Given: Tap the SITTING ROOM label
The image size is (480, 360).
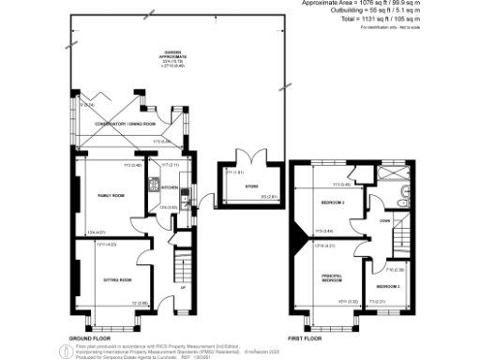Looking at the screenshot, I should [x=116, y=279].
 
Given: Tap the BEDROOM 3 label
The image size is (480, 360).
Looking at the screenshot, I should [x=388, y=285].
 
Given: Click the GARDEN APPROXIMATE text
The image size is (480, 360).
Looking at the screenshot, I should [x=173, y=55].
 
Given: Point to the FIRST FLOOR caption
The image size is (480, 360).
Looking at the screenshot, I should [x=301, y=336].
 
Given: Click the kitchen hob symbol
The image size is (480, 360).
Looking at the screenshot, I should [x=187, y=199].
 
